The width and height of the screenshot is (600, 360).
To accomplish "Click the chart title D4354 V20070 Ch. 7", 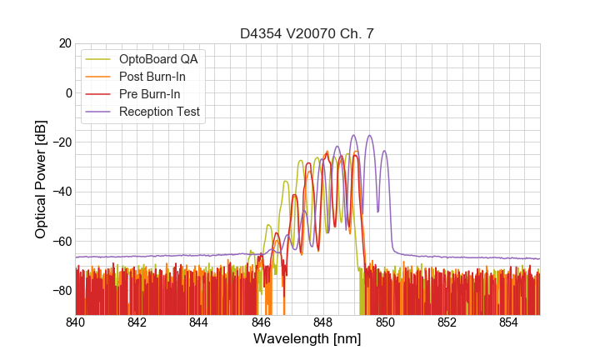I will click(x=307, y=34).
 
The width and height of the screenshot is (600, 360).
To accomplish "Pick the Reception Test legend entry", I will click(x=159, y=112).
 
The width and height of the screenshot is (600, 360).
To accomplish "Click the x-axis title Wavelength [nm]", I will click(x=307, y=339).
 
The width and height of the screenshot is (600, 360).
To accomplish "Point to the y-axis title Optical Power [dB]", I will click(x=41, y=178).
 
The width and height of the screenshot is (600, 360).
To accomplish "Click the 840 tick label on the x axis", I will click(x=76, y=322).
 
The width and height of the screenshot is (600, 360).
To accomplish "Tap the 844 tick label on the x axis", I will click(x=199, y=322).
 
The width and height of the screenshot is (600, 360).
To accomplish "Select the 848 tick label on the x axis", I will click(x=323, y=322).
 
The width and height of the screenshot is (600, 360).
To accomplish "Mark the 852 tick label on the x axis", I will click(x=447, y=322).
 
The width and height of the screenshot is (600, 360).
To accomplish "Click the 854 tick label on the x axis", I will click(x=508, y=322).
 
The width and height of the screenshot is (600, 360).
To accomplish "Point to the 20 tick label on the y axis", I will click(x=64, y=43).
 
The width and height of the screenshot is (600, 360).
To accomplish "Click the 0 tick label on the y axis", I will click(x=67, y=92).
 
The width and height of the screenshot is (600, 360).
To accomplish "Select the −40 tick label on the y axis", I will click(x=61, y=192).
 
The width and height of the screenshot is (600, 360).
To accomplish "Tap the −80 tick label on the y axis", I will click(x=61, y=291).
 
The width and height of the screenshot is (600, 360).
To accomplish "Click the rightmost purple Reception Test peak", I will click(x=384, y=152).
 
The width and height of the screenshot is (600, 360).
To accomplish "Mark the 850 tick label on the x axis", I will click(x=385, y=322).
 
